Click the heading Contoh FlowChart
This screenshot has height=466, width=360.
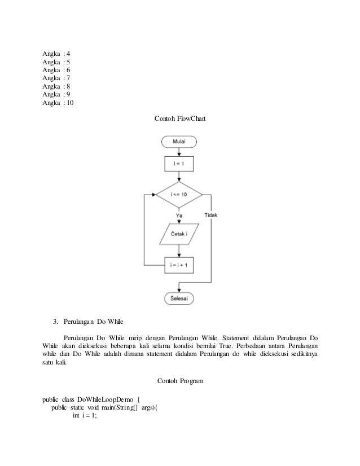click(x=179, y=119)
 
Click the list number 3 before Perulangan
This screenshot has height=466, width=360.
click(x=55, y=323)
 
